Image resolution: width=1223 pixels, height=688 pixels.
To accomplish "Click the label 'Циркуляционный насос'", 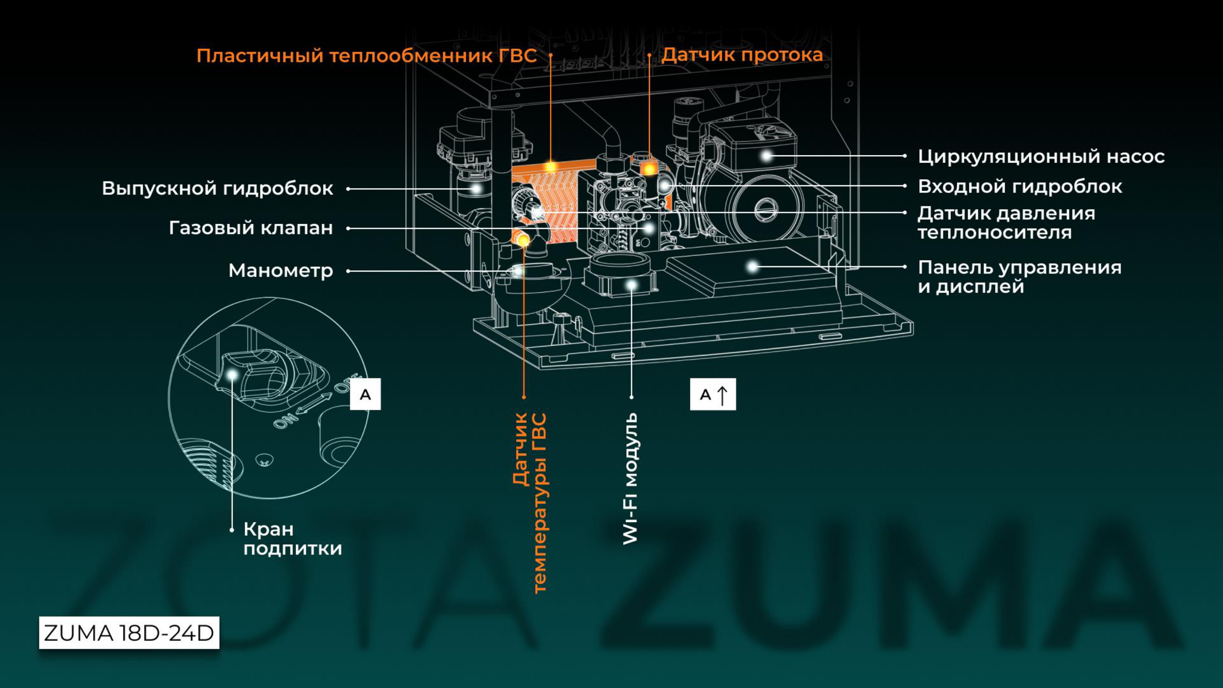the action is click(1041, 157).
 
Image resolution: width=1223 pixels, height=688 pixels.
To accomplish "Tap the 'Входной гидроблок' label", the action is click(1020, 187).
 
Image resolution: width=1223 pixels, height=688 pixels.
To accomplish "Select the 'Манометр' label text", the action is click(280, 271).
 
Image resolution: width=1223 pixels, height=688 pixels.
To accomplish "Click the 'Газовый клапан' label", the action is click(251, 228).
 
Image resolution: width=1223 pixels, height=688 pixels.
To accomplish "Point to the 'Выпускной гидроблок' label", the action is click(217, 188).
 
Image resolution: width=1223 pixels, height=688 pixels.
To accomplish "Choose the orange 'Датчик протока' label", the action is click(742, 55).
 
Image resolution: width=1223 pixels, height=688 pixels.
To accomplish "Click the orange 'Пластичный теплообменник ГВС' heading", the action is click(366, 56).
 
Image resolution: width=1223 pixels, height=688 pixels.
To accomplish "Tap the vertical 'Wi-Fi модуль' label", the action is click(631, 478).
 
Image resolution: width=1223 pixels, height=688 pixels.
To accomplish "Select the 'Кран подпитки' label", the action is click(292, 538).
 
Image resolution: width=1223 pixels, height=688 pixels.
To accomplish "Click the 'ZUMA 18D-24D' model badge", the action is click(129, 633).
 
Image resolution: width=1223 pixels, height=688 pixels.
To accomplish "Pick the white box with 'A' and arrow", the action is click(713, 394).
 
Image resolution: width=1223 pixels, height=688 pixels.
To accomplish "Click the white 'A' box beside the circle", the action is click(365, 394).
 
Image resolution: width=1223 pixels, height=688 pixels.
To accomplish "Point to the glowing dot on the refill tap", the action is click(232, 375).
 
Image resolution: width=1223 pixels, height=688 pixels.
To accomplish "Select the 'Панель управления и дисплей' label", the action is click(1019, 277).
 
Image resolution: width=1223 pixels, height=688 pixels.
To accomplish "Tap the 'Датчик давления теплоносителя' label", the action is click(1006, 223).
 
